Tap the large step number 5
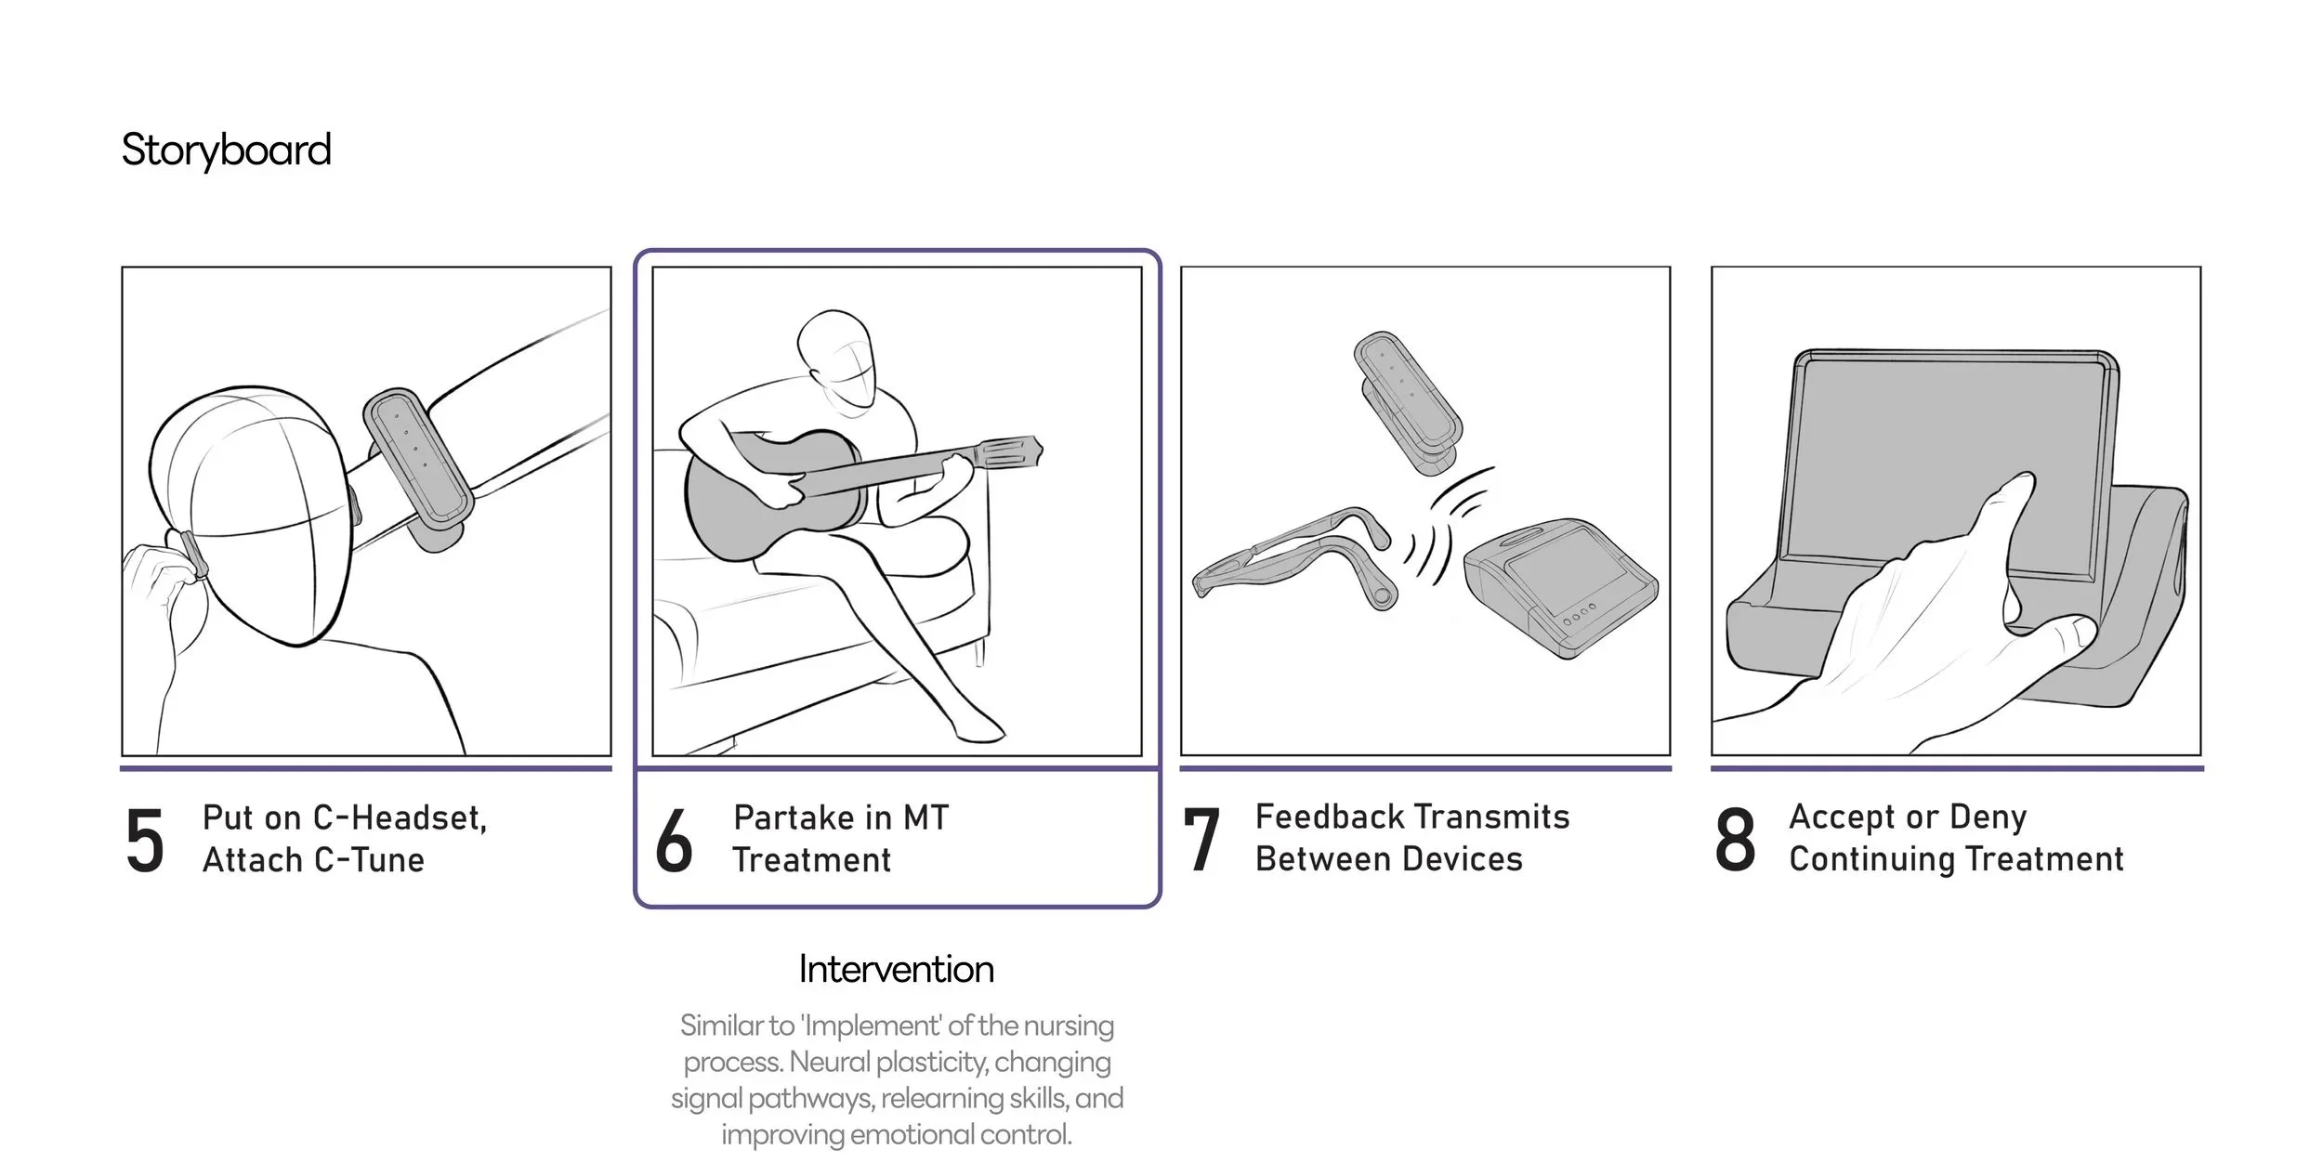tap(145, 841)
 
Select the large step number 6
tap(674, 841)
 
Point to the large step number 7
tap(1201, 840)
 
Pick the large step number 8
tap(1735, 840)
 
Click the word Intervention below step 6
tap(897, 970)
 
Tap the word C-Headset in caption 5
tap(400, 817)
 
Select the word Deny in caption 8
tap(1988, 818)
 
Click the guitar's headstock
tap(1008, 455)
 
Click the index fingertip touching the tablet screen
tap(2020, 484)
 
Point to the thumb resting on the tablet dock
tap(2068, 637)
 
